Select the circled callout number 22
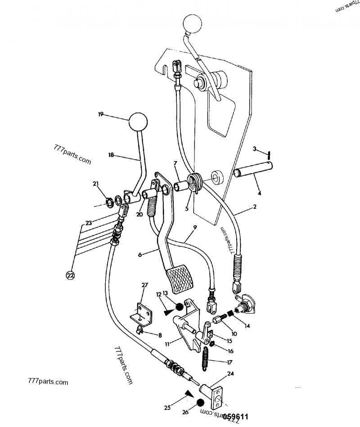pyautogui.click(x=70, y=275)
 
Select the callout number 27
pyautogui.click(x=144, y=285)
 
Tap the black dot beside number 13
pyautogui.click(x=179, y=307)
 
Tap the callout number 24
pyautogui.click(x=231, y=373)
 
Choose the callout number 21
pyautogui.click(x=95, y=183)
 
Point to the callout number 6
pyautogui.click(x=139, y=255)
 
